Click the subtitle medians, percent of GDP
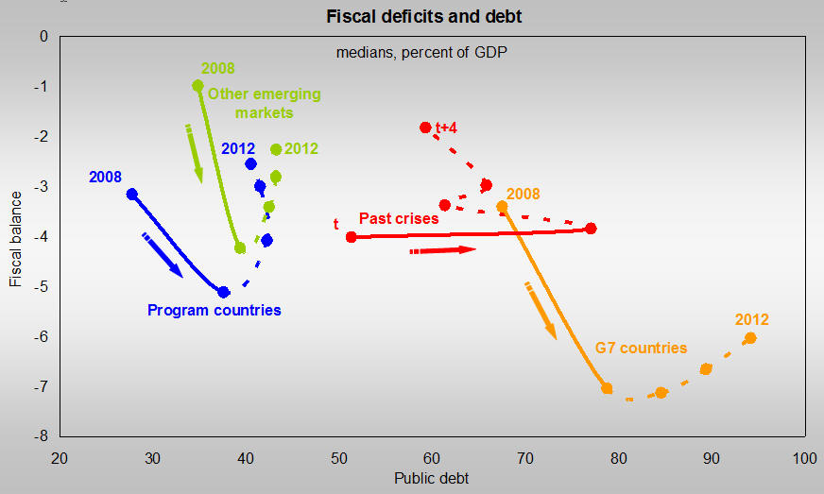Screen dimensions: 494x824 421,52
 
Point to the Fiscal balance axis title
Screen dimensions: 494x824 16,236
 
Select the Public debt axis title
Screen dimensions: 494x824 431,478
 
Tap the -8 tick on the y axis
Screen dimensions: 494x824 42,436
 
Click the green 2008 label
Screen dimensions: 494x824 217,68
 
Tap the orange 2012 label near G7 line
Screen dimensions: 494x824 752,319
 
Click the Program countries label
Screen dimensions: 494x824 215,310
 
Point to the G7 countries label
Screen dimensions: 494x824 641,348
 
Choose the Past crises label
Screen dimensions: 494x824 399,218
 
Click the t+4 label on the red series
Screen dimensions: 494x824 446,128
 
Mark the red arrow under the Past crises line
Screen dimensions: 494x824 442,250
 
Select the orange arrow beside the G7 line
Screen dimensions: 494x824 542,310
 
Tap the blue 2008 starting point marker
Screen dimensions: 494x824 131,195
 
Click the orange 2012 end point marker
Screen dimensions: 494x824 750,338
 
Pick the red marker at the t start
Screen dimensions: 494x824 352,237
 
